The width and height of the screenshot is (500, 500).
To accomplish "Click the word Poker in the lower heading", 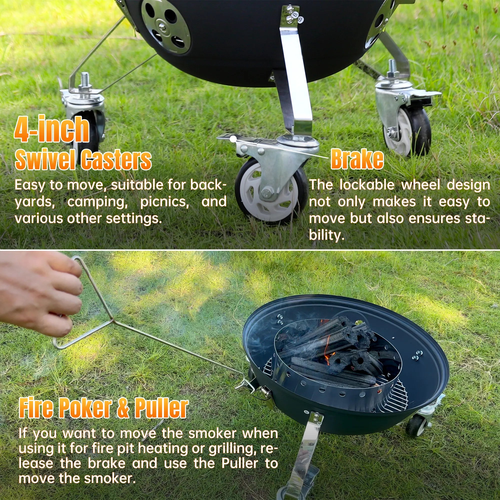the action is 86,408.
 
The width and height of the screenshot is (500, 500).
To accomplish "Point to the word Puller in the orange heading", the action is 161,408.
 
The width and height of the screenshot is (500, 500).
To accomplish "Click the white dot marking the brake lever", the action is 233,139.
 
